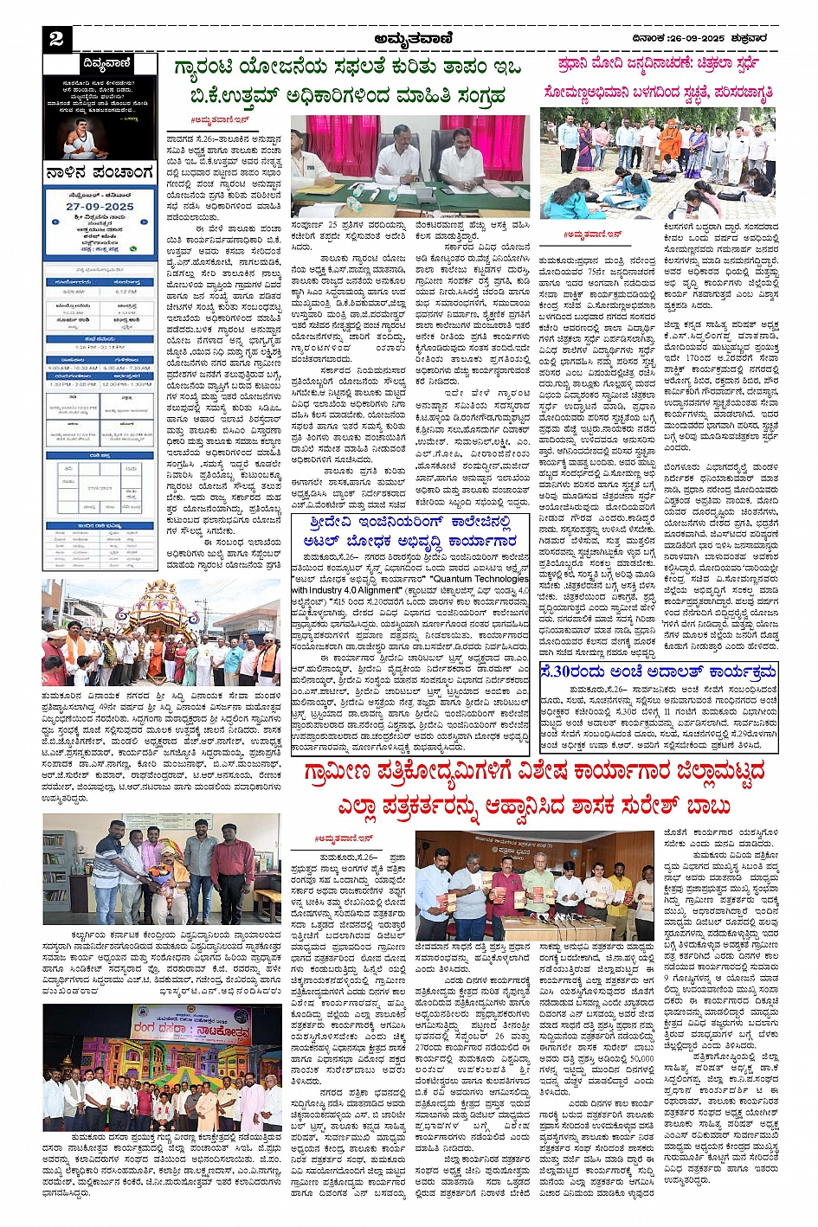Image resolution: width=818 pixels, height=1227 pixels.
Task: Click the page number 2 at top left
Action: pyautogui.click(x=56, y=38)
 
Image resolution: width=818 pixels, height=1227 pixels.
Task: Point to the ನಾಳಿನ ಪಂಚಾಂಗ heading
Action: pyautogui.click(x=100, y=172)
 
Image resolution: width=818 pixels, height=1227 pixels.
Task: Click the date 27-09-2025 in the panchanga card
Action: pyautogui.click(x=100, y=208)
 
